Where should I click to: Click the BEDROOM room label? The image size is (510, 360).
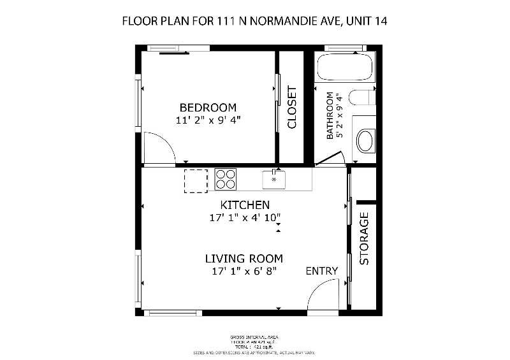tap(208, 108)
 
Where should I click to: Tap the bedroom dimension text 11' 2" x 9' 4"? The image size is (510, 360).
tap(208, 120)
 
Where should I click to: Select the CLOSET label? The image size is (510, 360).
tap(293, 107)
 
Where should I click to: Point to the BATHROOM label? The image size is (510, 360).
tap(330, 116)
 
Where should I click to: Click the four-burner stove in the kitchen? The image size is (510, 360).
tap(226, 178)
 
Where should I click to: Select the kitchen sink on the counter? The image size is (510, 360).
tap(275, 179)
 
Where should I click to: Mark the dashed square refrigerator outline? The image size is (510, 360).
tap(196, 180)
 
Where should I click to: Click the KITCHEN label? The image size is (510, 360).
tap(245, 205)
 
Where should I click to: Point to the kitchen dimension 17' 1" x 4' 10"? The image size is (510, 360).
tap(245, 218)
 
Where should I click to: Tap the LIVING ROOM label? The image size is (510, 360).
tap(244, 259)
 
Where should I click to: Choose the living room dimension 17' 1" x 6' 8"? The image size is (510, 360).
tap(244, 271)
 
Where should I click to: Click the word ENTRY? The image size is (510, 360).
tap(322, 271)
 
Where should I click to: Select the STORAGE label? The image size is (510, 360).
tap(365, 238)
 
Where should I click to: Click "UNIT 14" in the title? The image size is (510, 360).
tap(366, 21)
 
